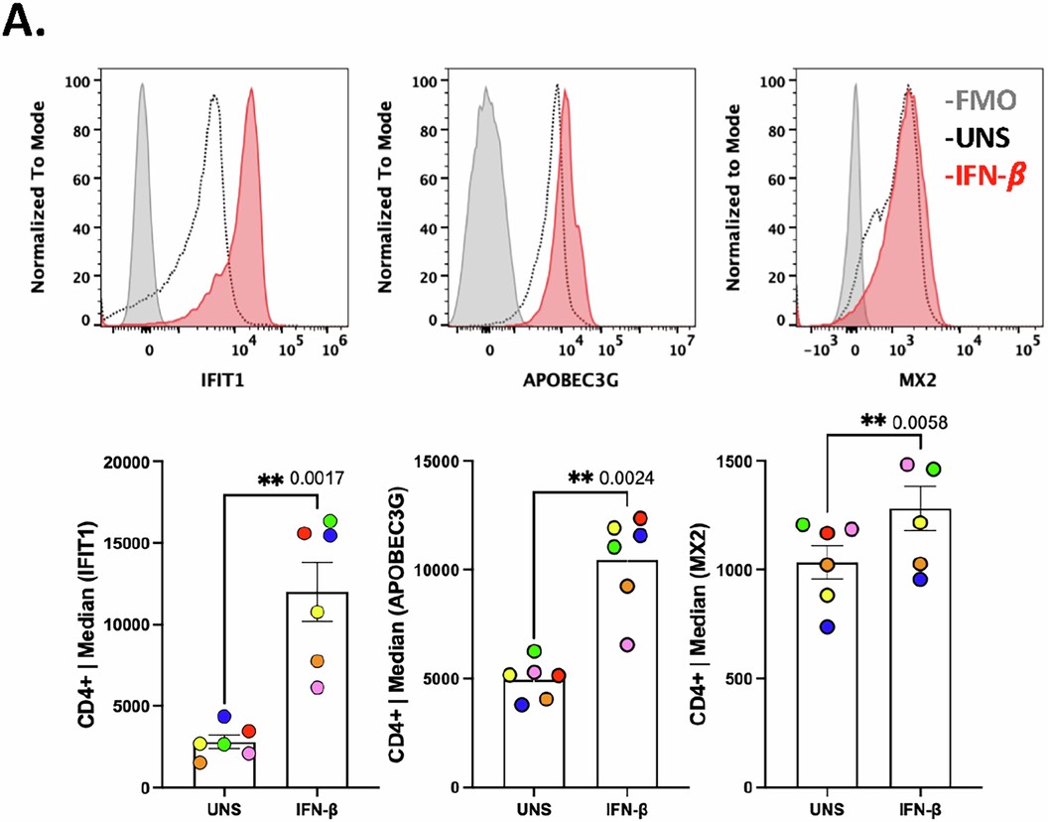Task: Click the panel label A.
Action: pyautogui.click(x=25, y=23)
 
